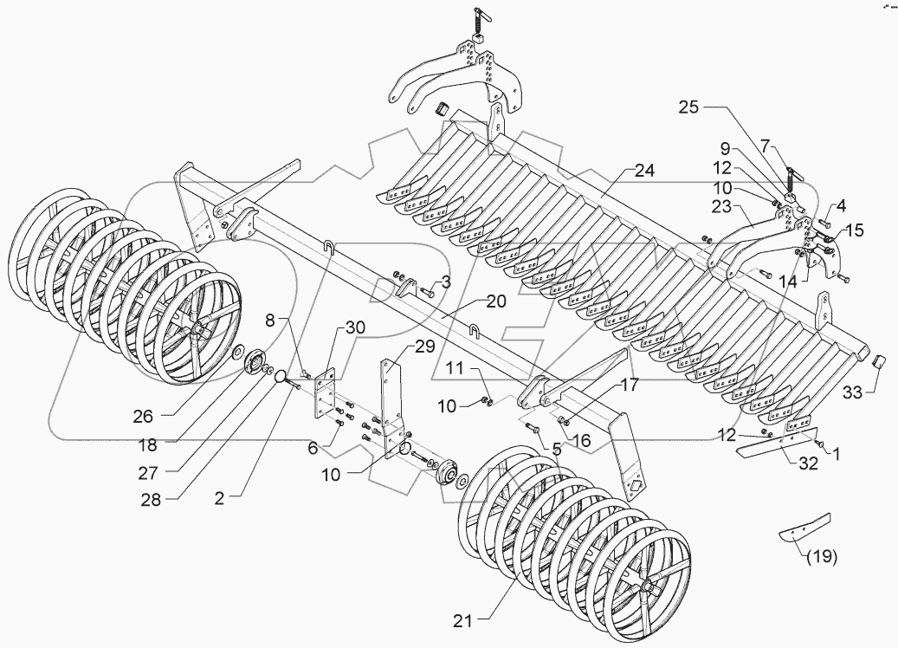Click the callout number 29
pos(423,347)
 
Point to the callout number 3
pos(445,282)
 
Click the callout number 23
pos(722,208)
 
